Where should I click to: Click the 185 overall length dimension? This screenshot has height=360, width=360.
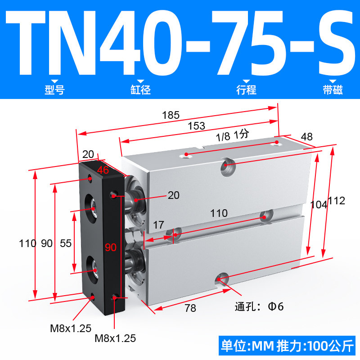coord(171,115)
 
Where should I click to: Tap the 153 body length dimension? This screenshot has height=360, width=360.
coord(196,126)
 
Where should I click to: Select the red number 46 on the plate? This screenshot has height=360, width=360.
coord(103,170)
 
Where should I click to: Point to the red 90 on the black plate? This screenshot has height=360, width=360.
coord(111,247)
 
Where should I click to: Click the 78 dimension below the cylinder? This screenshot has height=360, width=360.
coord(190,308)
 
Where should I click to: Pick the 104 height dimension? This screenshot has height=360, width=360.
coord(319,205)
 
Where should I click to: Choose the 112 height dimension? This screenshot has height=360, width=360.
coord(336,201)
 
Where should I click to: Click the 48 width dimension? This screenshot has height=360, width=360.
coord(307,137)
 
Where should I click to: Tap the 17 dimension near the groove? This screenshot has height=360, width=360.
coord(159,225)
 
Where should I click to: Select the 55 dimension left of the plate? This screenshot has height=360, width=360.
coord(66,243)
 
